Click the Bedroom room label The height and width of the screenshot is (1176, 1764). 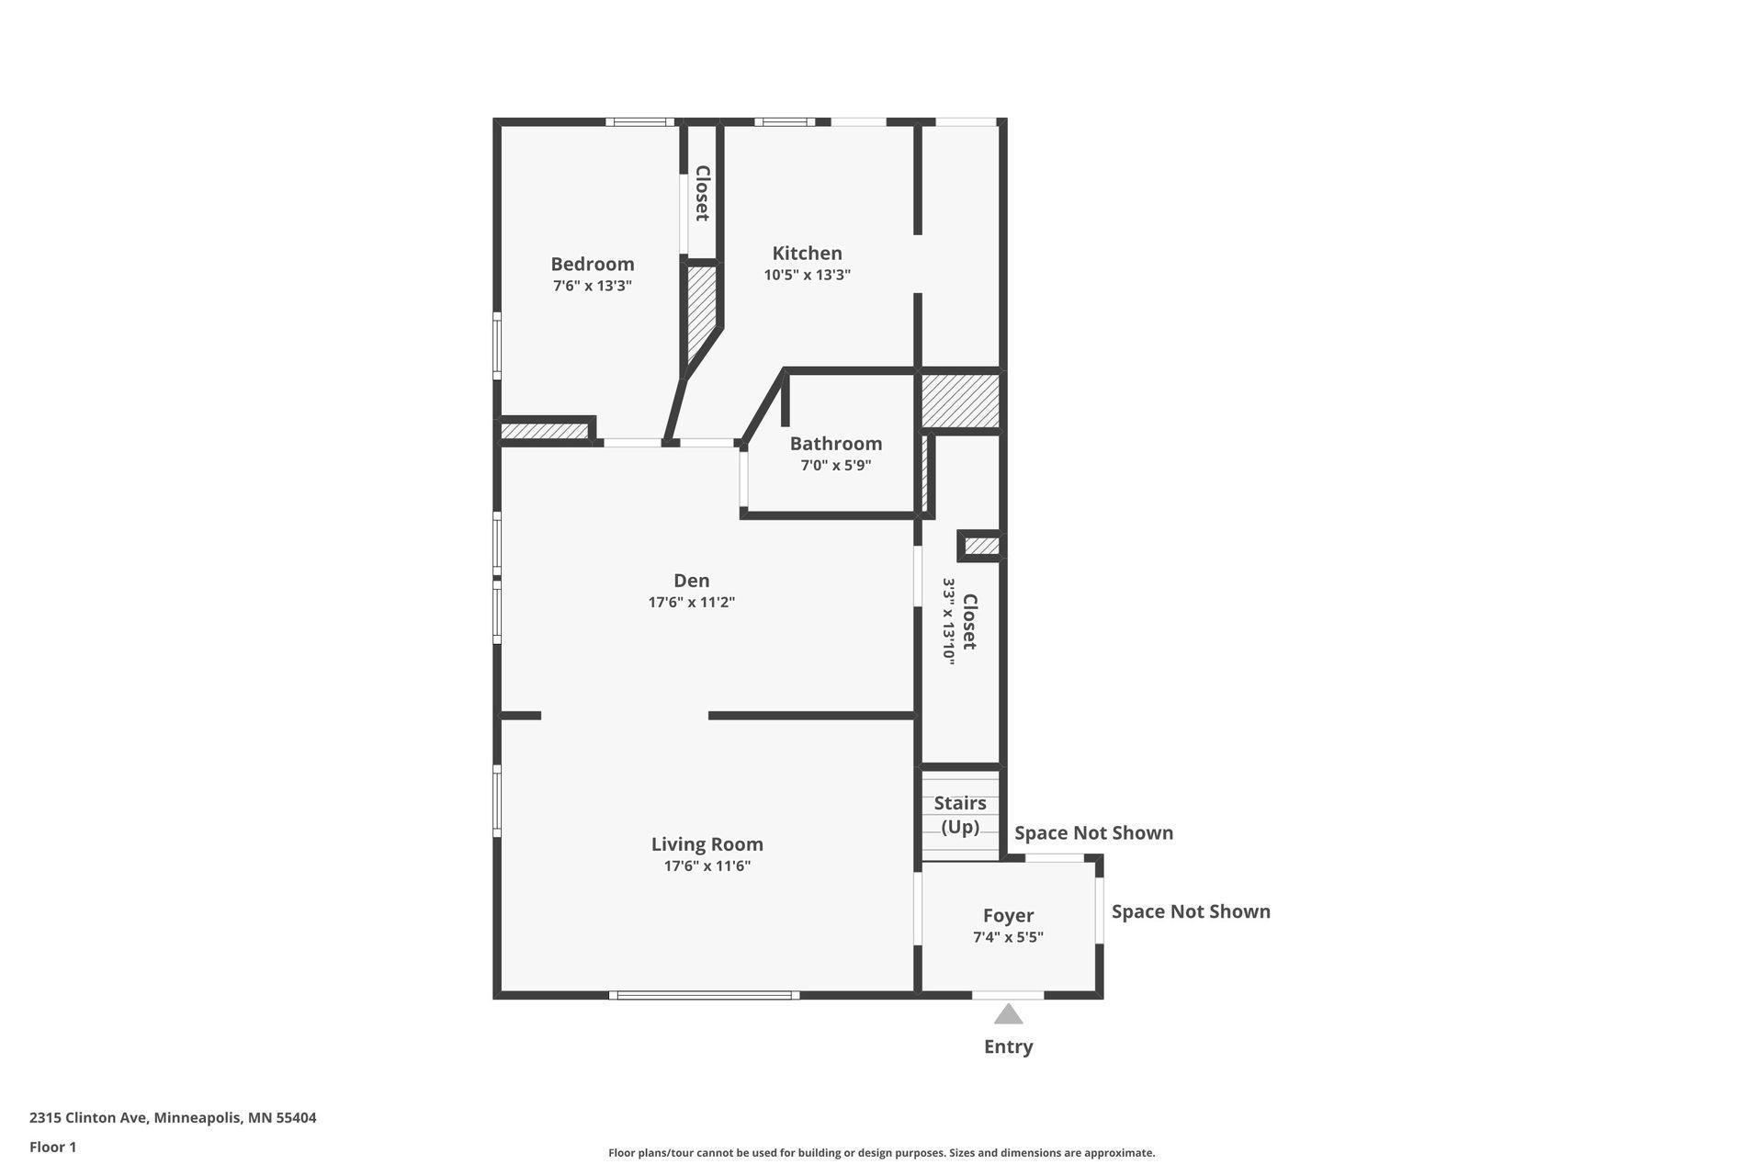click(x=592, y=264)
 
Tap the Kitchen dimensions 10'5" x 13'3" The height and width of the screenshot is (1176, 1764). click(x=807, y=275)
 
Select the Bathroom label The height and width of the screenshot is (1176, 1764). click(x=835, y=443)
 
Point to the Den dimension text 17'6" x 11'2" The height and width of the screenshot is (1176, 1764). click(x=691, y=603)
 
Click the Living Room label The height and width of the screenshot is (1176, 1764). click(x=707, y=843)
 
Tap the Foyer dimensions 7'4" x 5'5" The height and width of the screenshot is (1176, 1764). click(x=1008, y=937)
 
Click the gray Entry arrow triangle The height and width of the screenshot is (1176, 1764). click(x=1008, y=1014)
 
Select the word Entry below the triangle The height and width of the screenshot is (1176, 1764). click(x=1008, y=1046)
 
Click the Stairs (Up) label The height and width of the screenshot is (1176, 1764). click(x=960, y=814)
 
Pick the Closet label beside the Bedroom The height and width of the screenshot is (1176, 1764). click(x=702, y=193)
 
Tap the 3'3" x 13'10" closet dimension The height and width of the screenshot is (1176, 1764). click(x=949, y=621)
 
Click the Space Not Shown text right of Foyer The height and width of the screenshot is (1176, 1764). click(x=1191, y=911)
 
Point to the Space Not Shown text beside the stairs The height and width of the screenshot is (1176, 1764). click(x=1093, y=832)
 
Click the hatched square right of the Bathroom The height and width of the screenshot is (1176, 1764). click(x=960, y=401)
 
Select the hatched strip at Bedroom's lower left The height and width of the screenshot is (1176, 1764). click(x=544, y=430)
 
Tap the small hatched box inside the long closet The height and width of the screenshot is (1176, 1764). click(x=981, y=546)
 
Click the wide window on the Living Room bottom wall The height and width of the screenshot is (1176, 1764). click(x=704, y=995)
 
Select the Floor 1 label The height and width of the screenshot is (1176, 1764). click(x=52, y=1147)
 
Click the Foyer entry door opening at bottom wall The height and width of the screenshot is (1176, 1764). click(x=1008, y=995)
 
